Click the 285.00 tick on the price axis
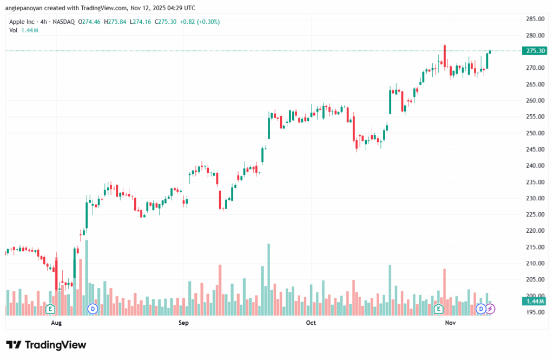[x=535, y=19]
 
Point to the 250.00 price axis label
[x=535, y=133]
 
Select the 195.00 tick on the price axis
[x=535, y=312]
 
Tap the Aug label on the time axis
[x=56, y=323]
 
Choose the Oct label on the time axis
[x=311, y=323]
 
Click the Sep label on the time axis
[x=183, y=323]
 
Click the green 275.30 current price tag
[x=535, y=51]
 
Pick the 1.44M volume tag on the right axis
[x=535, y=301]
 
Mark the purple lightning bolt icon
[x=490, y=309]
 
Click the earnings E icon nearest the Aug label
[x=50, y=309]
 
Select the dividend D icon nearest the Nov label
[x=480, y=309]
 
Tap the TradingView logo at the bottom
[x=46, y=345]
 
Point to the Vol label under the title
[x=14, y=30]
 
